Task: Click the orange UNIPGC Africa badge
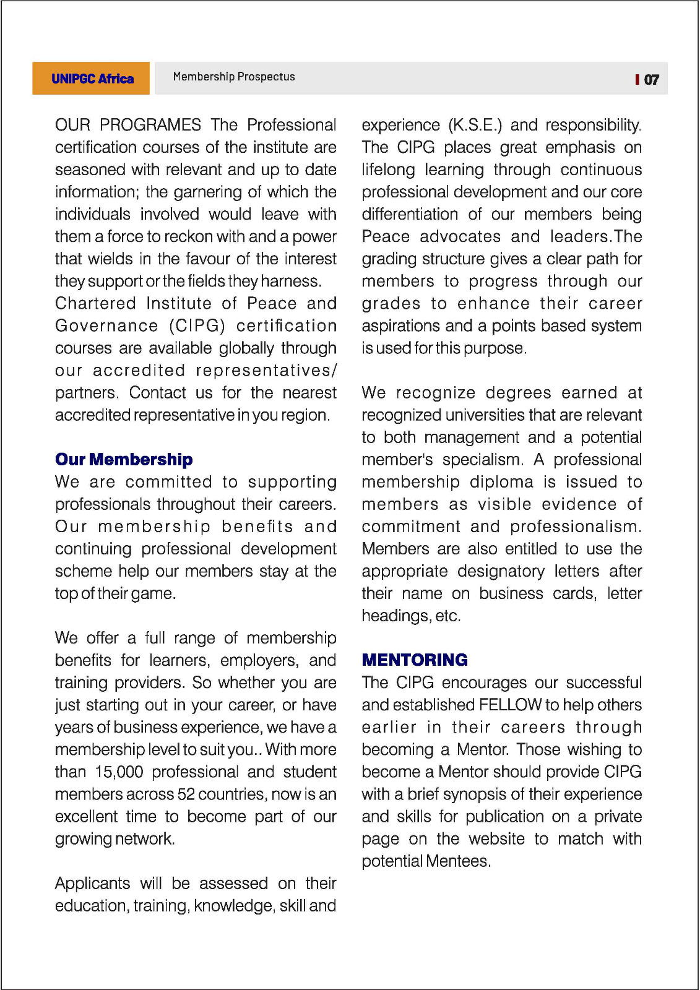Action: coord(91,79)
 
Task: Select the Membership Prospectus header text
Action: coord(234,77)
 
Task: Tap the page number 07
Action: coord(651,80)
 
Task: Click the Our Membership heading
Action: coord(124,460)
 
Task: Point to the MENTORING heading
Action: coord(415,660)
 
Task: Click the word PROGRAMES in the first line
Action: coord(150,125)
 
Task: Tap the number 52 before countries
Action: coord(186,794)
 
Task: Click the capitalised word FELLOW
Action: coord(510,705)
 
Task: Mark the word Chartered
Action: coord(95,304)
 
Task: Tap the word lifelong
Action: coord(388,170)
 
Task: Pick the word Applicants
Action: coord(93,884)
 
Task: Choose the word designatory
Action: coord(501,571)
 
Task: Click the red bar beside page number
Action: coord(637,79)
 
